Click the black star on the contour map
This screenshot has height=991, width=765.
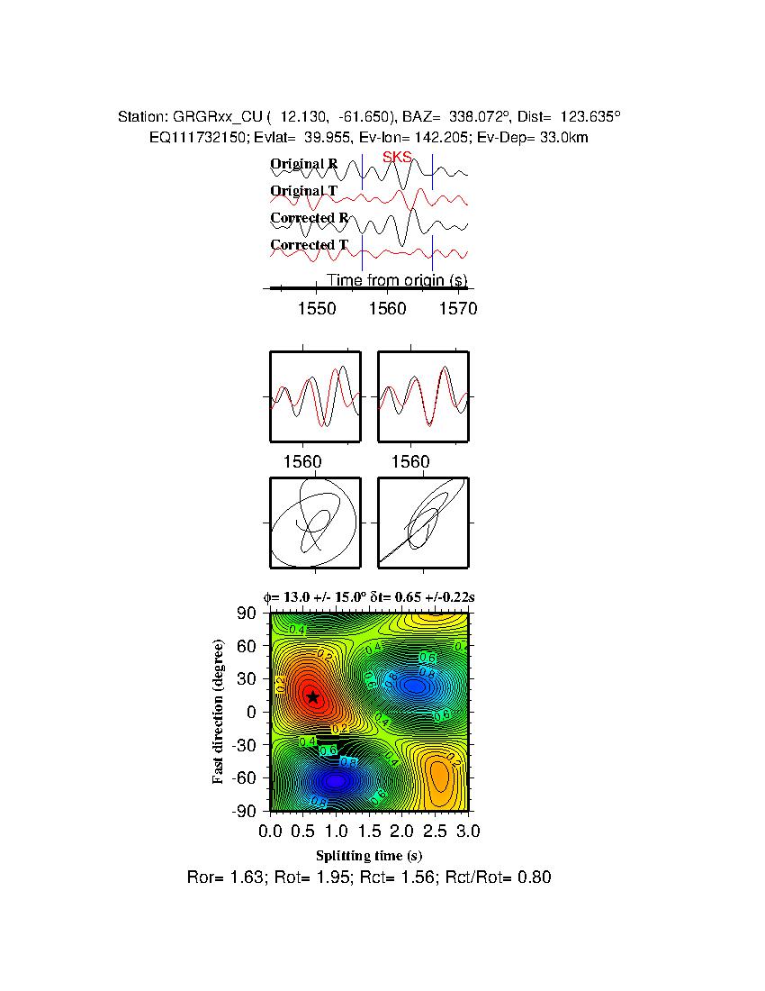tap(312, 696)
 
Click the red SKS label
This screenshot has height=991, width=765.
tap(397, 158)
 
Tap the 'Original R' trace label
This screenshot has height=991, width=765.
tap(304, 164)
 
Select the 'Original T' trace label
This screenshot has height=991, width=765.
tap(304, 191)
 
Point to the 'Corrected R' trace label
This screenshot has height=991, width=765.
tap(309, 218)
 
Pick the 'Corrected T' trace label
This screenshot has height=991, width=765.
tap(309, 245)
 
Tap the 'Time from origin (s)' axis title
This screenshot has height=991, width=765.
tap(396, 280)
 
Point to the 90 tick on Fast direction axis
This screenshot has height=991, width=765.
tap(248, 614)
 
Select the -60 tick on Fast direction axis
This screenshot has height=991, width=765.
tap(245, 778)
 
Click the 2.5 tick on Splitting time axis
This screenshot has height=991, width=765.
tap(436, 830)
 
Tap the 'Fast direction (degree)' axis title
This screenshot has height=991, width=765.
tap(219, 712)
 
